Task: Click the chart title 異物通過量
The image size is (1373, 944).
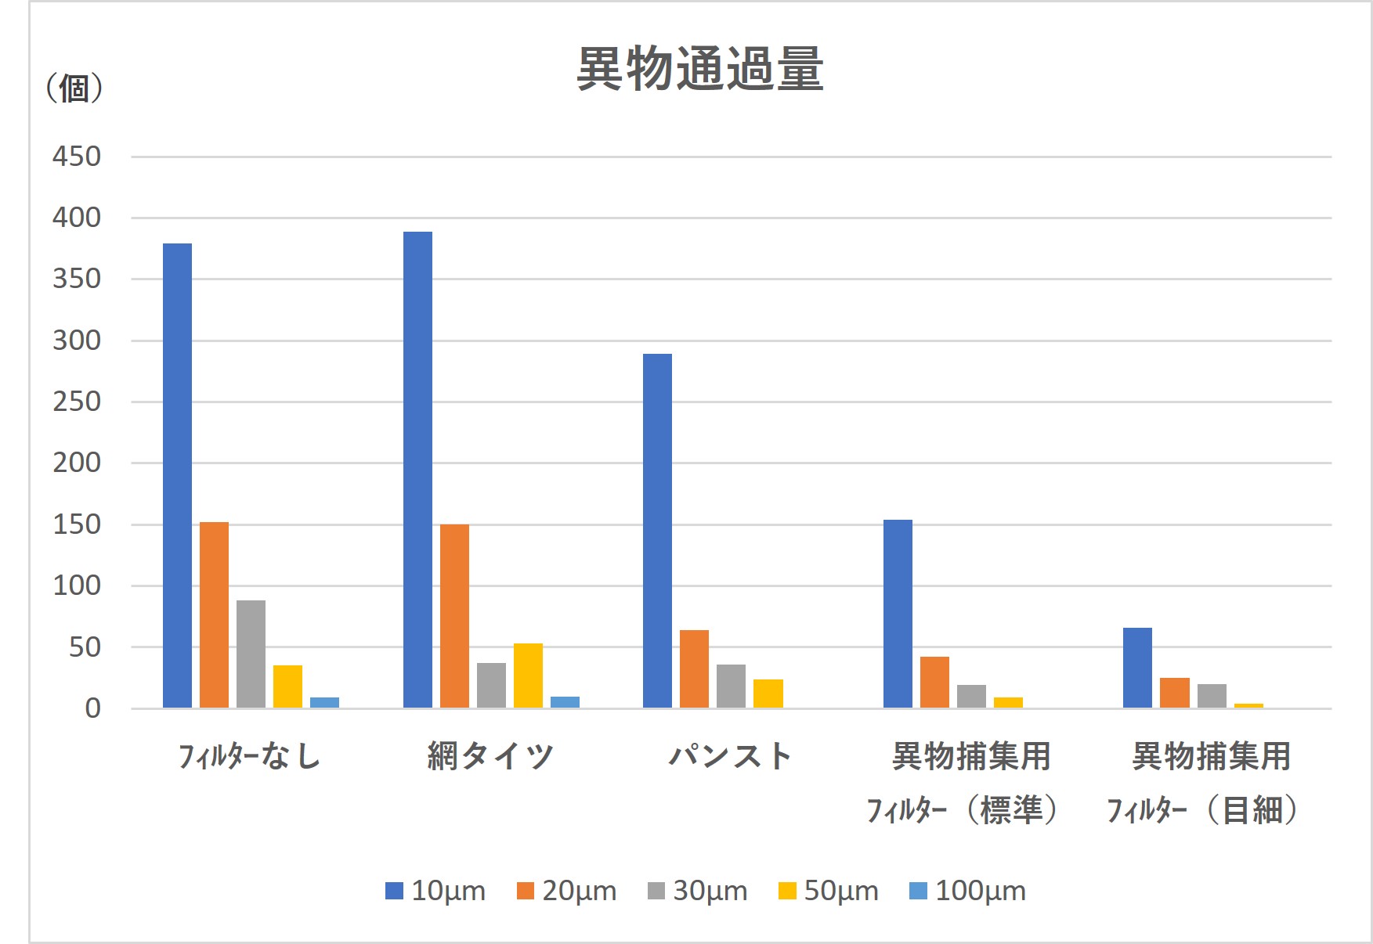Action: (x=699, y=69)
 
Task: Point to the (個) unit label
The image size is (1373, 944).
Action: (x=74, y=88)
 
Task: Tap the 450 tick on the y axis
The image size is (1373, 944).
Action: (x=77, y=157)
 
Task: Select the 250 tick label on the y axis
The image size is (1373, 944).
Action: (x=77, y=402)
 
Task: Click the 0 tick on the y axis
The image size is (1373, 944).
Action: (x=92, y=708)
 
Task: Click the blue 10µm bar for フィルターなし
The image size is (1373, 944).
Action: (x=177, y=476)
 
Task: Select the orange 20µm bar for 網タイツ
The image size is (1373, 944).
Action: (x=454, y=616)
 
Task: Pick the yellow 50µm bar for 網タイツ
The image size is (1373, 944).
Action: (x=528, y=676)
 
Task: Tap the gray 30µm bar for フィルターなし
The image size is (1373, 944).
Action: (x=251, y=654)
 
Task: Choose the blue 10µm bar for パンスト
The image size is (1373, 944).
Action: (x=657, y=531)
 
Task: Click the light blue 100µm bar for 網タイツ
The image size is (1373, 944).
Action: (x=565, y=702)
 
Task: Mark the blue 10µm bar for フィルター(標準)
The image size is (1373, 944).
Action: (x=898, y=614)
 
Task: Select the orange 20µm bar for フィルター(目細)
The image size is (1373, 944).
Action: (x=1174, y=693)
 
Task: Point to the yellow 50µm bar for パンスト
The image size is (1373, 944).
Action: (x=768, y=694)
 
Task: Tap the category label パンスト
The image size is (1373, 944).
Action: (x=731, y=756)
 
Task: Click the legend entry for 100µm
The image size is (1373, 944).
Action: (x=968, y=891)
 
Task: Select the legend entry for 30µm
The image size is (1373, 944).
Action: (x=698, y=891)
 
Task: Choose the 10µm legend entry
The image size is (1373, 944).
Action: (x=436, y=891)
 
